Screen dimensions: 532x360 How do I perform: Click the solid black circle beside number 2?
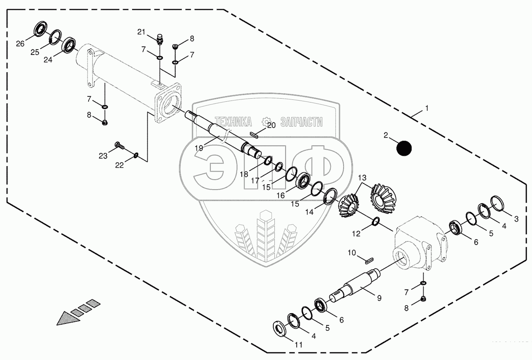[x=403, y=149]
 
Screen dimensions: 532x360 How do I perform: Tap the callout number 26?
[x=20, y=44]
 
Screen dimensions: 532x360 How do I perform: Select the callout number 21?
[x=142, y=32]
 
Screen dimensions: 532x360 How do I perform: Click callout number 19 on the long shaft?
[x=198, y=147]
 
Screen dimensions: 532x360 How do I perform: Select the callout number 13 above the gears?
[x=362, y=178]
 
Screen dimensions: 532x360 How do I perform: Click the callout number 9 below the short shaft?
[x=379, y=297]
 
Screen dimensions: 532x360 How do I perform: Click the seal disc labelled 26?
[x=39, y=29]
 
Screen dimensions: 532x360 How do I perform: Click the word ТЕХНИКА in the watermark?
[x=233, y=122]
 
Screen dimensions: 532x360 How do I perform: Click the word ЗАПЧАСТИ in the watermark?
[x=301, y=122]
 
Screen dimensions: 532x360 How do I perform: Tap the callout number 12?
[x=356, y=233]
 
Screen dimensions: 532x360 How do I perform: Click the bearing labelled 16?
[x=305, y=180]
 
